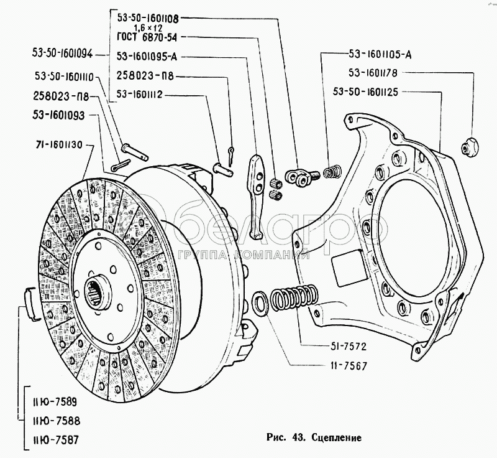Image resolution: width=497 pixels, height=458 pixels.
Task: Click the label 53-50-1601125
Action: click(383, 91)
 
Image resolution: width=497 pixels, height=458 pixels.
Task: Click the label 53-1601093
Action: click(61, 115)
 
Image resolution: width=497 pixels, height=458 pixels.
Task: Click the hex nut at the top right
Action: click(468, 146)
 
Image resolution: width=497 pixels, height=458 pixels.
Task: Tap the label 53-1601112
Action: click(144, 95)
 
